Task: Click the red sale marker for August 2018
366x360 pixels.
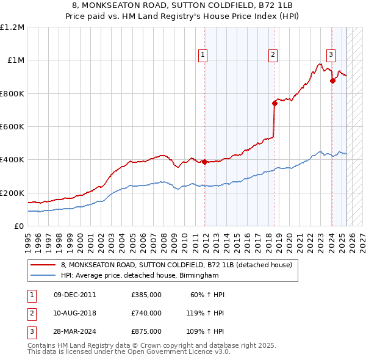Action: coord(274,103)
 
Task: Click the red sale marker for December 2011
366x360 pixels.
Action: coord(205,162)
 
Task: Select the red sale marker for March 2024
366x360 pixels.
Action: coord(332,81)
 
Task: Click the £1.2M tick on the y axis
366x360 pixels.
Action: coord(12,27)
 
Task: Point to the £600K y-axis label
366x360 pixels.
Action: coord(12,127)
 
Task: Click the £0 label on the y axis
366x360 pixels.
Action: coord(18,226)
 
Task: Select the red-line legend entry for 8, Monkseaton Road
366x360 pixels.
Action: coord(177,265)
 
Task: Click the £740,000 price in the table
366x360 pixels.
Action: coord(146,313)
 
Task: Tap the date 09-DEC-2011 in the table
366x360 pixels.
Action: coord(75,295)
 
